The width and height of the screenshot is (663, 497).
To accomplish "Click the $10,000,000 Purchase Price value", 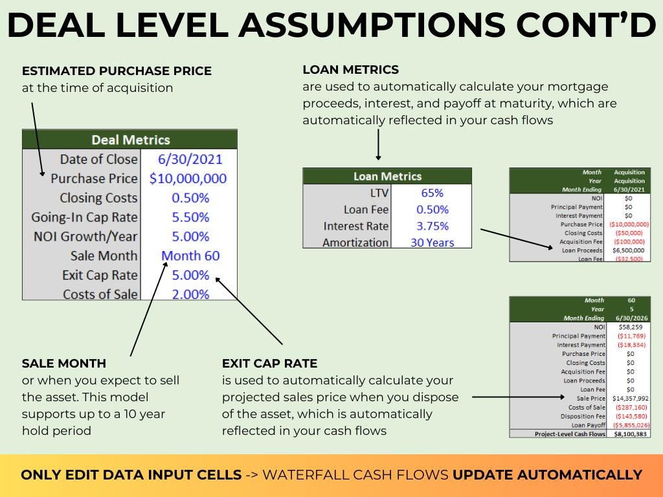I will click(188, 179).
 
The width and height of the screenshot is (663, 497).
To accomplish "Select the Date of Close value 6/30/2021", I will click(190, 159).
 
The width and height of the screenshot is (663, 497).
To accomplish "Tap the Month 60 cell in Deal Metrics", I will click(190, 256).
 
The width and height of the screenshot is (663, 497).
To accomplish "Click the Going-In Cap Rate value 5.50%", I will click(190, 217).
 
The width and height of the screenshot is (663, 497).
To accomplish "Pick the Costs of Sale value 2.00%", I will click(190, 294).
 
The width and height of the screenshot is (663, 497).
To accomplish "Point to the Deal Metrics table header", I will click(130, 140).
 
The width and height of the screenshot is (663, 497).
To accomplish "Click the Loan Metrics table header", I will click(387, 176).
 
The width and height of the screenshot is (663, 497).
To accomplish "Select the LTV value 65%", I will click(432, 193).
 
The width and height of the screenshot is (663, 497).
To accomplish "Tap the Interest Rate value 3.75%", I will click(432, 226).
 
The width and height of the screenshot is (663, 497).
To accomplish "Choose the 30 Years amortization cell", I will click(432, 243).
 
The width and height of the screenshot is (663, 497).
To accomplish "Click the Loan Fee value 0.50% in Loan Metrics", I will click(432, 210).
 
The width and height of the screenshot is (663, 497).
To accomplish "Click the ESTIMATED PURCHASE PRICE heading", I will click(117, 71).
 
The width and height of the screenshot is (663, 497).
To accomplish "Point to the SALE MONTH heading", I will click(64, 364).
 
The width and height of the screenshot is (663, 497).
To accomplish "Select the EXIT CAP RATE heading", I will click(270, 364).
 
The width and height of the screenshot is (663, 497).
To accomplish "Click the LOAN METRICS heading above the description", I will click(350, 69).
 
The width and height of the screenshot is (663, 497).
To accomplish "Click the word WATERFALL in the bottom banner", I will click(308, 475).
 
